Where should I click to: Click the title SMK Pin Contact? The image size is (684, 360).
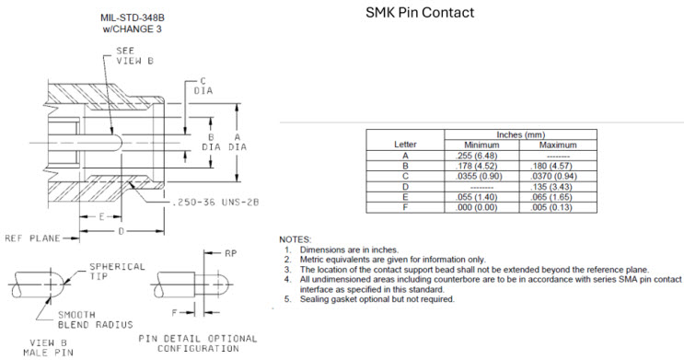[x=420, y=12]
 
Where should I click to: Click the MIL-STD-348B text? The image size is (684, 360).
[x=133, y=17]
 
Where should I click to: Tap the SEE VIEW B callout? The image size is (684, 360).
[x=134, y=56]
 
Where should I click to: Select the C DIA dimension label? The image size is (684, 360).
[x=203, y=86]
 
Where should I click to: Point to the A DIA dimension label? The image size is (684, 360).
[x=238, y=143]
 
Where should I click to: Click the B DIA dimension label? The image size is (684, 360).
[x=211, y=143]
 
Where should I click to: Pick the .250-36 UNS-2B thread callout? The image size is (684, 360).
[x=215, y=202]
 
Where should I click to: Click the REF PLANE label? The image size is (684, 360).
[x=33, y=238]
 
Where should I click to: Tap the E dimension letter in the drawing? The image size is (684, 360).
[x=101, y=217]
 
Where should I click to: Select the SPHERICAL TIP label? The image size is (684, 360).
[x=117, y=271]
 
